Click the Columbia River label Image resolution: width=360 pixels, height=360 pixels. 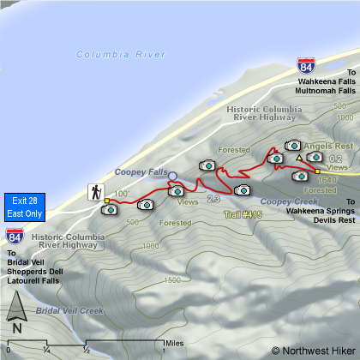(x=120, y=54)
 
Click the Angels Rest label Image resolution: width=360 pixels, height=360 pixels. (x=323, y=146)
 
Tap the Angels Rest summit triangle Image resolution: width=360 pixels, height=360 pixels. (x=298, y=159)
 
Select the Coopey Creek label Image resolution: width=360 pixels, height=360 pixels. (x=283, y=202)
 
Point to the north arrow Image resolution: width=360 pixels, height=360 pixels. (x=17, y=313)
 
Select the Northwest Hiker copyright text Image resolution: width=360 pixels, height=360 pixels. (x=312, y=350)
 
